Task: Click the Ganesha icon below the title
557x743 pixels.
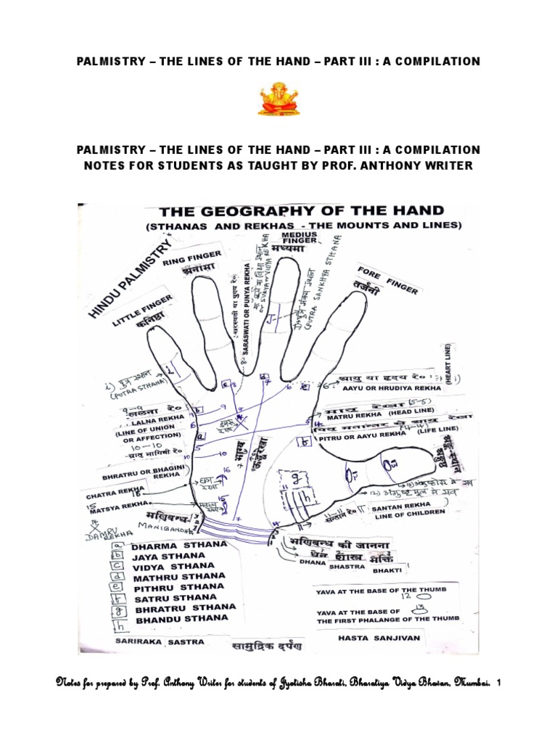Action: coord(278,99)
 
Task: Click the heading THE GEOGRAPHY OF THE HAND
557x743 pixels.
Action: coord(301,211)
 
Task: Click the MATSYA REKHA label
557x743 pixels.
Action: coord(120,502)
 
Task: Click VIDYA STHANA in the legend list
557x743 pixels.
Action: coord(174,565)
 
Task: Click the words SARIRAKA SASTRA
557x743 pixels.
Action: coord(159,642)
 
